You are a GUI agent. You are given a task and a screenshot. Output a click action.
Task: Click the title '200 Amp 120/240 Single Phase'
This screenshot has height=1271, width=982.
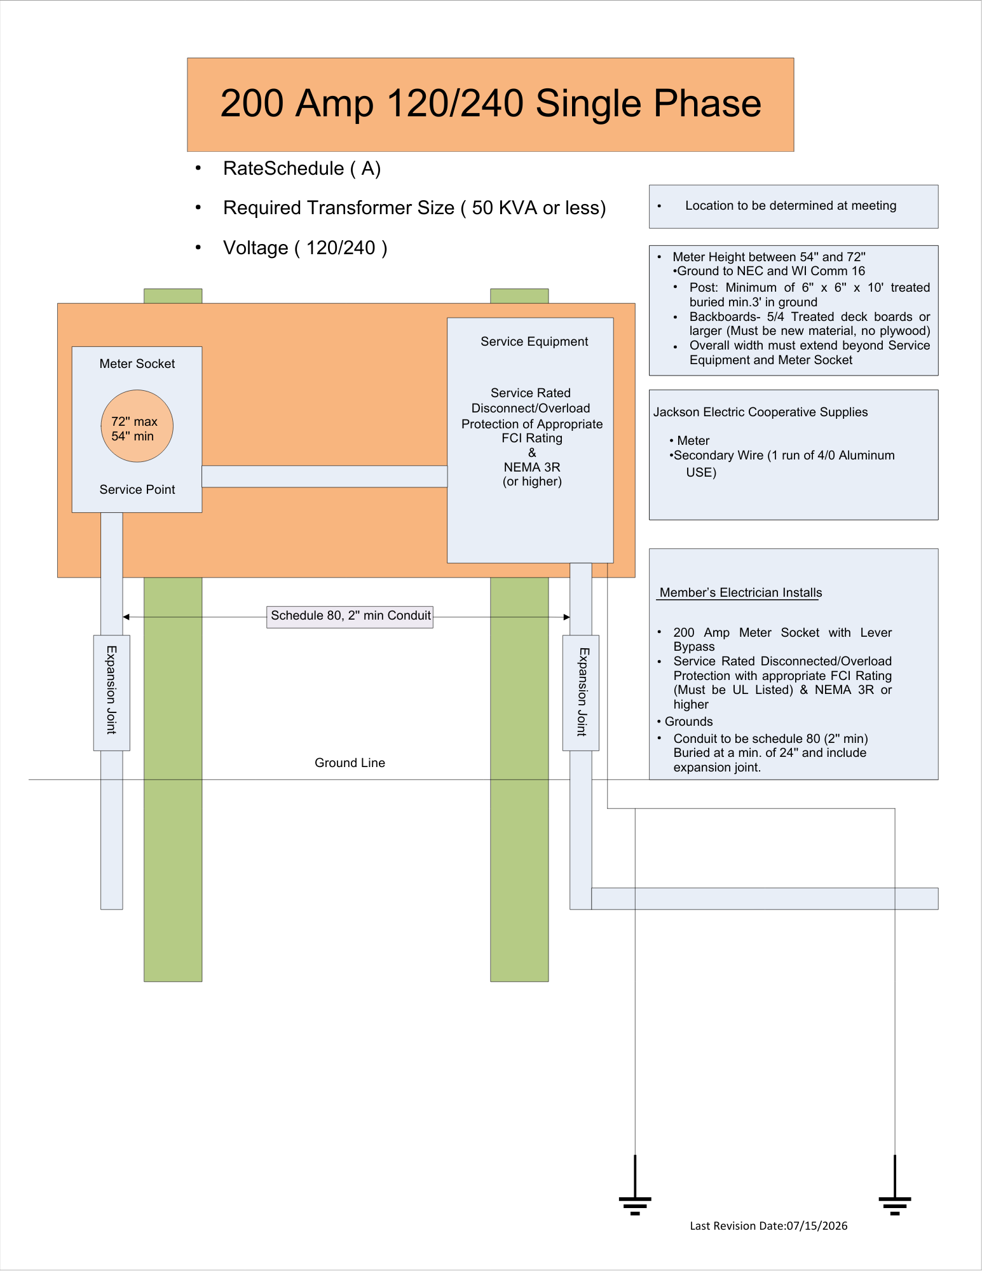(x=491, y=104)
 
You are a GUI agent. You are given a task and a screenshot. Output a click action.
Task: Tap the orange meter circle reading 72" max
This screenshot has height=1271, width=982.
(x=137, y=426)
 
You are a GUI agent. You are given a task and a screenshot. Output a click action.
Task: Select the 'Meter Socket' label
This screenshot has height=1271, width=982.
(x=137, y=364)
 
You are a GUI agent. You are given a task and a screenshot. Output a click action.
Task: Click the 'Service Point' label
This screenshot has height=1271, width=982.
(x=137, y=489)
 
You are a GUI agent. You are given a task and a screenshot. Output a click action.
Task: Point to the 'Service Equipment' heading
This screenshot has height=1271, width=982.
(x=535, y=341)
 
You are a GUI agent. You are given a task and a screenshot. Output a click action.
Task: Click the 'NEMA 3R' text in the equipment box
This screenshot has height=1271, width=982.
(x=532, y=467)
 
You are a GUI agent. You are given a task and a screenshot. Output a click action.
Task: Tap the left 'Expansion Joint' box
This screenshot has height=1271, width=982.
(x=112, y=693)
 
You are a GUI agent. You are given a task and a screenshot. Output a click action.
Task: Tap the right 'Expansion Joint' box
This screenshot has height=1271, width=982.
(x=581, y=693)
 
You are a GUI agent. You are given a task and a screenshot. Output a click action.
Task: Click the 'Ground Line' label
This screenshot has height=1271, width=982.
(x=350, y=763)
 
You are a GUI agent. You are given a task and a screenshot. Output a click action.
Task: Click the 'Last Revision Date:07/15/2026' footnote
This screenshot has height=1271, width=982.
(x=769, y=1226)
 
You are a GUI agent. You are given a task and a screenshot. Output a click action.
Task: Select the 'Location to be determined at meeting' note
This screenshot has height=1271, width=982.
(x=791, y=205)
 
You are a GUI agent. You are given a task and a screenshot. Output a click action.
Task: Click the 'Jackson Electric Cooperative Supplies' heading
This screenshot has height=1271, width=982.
(x=761, y=412)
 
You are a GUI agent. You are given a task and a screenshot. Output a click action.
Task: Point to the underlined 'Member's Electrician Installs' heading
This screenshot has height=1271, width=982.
(x=740, y=592)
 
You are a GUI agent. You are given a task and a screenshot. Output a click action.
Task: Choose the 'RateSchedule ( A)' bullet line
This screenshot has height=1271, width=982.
(x=302, y=168)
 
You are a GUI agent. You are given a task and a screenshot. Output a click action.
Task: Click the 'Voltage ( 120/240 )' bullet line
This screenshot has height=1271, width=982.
(x=305, y=248)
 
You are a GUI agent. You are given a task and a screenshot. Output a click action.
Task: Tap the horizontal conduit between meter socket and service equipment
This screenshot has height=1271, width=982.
(x=325, y=477)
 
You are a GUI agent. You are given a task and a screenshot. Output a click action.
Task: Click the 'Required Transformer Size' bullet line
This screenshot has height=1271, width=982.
(x=414, y=208)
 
